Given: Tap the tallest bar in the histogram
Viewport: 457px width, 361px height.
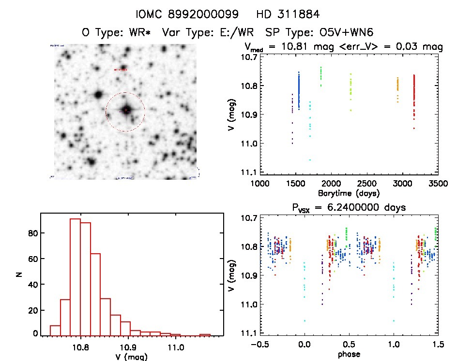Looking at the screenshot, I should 75,277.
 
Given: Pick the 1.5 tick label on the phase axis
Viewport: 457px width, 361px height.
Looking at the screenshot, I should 438,345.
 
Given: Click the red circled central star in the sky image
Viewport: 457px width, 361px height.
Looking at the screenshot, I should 126,111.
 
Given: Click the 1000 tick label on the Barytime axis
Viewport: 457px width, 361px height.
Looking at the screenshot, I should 260,184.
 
